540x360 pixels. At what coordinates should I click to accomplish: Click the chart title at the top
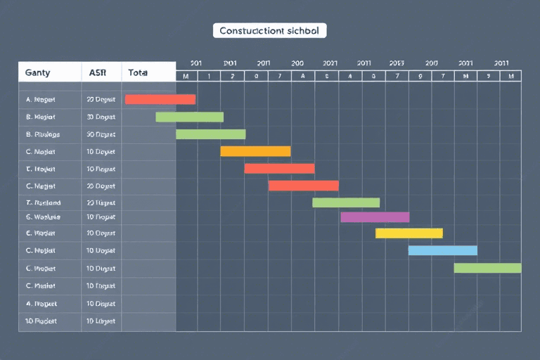(x=269, y=31)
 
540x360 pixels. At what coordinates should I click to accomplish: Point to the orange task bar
(x=255, y=151)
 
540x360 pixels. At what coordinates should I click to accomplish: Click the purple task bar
(x=375, y=217)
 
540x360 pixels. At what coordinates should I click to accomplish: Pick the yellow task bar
(x=409, y=233)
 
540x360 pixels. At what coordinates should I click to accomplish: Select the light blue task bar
(x=443, y=250)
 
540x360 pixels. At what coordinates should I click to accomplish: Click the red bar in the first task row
(x=160, y=99)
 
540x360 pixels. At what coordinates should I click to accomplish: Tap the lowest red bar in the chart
(x=303, y=186)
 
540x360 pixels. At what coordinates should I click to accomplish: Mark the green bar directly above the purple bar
(x=346, y=202)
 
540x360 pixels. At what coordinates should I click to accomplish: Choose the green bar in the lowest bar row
(x=487, y=267)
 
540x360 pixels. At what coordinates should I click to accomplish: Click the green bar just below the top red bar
(x=189, y=117)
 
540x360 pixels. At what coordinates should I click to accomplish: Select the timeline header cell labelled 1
(x=209, y=76)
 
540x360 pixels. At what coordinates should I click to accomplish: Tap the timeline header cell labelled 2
(x=232, y=76)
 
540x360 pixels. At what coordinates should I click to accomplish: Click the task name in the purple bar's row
(x=43, y=217)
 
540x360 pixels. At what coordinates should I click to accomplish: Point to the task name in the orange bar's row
(x=40, y=151)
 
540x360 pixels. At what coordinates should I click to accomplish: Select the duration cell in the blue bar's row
(x=101, y=250)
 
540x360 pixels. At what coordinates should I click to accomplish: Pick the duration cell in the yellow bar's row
(x=101, y=233)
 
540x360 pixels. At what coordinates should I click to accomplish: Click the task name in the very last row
(x=41, y=321)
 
